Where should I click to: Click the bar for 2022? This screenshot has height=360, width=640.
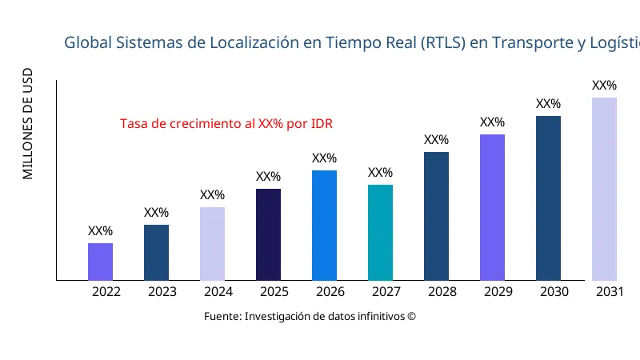pyautogui.click(x=100, y=262)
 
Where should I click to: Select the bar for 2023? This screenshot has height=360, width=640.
pyautogui.click(x=156, y=252)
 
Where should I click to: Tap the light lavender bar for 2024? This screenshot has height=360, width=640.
pyautogui.click(x=212, y=244)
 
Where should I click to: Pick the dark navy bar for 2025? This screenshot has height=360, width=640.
pyautogui.click(x=268, y=234)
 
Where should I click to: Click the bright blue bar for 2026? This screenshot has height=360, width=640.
pyautogui.click(x=324, y=225)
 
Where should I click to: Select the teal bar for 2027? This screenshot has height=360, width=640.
pyautogui.click(x=380, y=232)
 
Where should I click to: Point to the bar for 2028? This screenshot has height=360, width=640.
pyautogui.click(x=436, y=216)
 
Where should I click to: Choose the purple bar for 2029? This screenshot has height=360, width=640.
pyautogui.click(x=492, y=207)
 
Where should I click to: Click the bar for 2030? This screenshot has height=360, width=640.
pyautogui.click(x=548, y=198)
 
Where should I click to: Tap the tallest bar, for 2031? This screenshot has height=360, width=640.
pyautogui.click(x=604, y=189)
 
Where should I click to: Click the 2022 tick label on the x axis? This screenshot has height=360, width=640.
pyautogui.click(x=106, y=292)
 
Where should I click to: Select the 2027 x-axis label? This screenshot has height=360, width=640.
pyautogui.click(x=386, y=292)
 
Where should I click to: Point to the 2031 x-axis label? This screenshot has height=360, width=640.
pyautogui.click(x=610, y=292)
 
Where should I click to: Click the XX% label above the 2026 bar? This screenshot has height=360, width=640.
pyautogui.click(x=324, y=158)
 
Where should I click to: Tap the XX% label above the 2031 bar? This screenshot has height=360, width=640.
pyautogui.click(x=604, y=86)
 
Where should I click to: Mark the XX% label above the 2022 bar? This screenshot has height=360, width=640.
pyautogui.click(x=100, y=231)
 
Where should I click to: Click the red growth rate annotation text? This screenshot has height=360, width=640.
pyautogui.click(x=226, y=124)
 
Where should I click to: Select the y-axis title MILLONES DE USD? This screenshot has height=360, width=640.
pyautogui.click(x=28, y=123)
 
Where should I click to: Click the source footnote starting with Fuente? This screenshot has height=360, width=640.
pyautogui.click(x=310, y=316)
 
